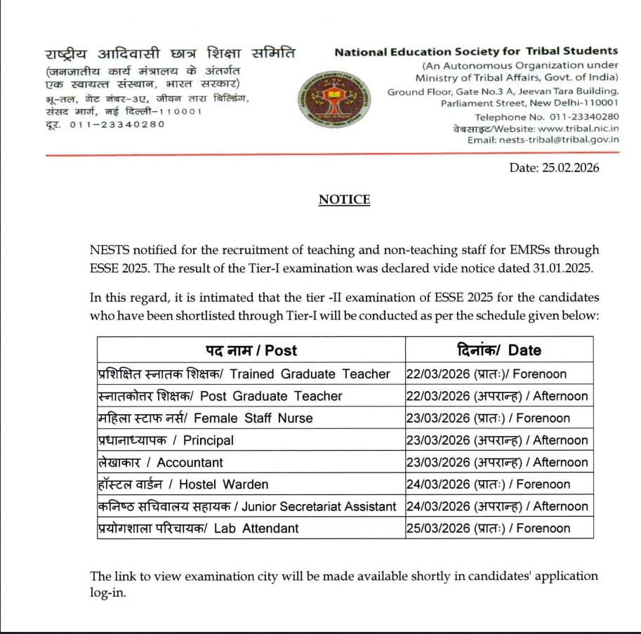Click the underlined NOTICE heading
[x=344, y=200]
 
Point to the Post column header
[x=251, y=350]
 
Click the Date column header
[x=498, y=350]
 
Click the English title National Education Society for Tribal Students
[x=476, y=51]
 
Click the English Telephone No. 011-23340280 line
[x=547, y=117]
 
